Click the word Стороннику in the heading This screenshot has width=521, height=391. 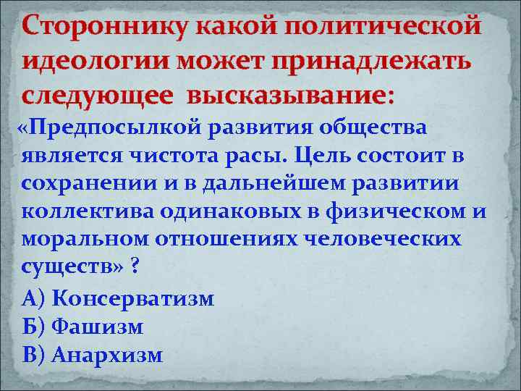[x=95, y=26]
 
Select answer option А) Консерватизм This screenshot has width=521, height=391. [x=119, y=298]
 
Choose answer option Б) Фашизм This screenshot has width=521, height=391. [x=83, y=327]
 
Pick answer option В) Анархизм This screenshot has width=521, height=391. [x=93, y=355]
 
